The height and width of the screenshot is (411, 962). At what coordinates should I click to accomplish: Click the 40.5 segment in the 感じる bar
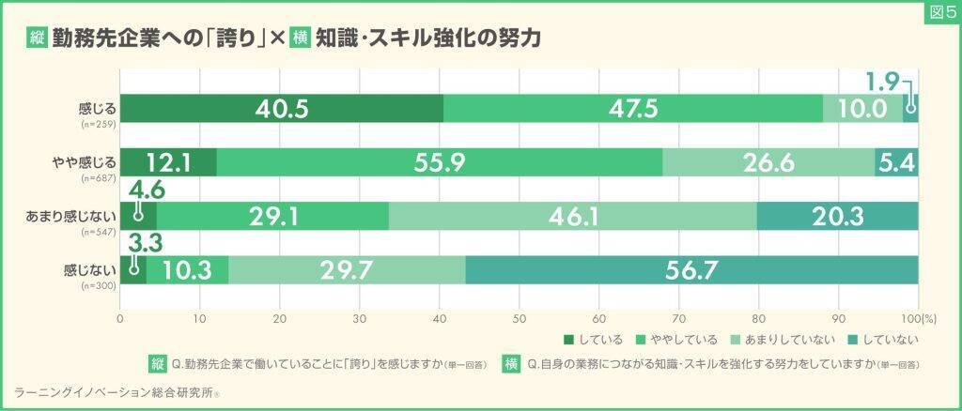282,109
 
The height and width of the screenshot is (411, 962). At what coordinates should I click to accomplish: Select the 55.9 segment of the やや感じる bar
440,162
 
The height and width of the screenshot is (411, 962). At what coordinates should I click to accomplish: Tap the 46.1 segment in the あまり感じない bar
572,217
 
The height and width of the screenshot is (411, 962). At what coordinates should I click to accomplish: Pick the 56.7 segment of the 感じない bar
691,270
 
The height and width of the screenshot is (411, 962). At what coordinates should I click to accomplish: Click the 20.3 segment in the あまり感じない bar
838,217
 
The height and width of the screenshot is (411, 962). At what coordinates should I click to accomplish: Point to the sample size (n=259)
98,123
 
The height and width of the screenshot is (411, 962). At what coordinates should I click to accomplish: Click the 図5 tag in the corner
940,12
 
